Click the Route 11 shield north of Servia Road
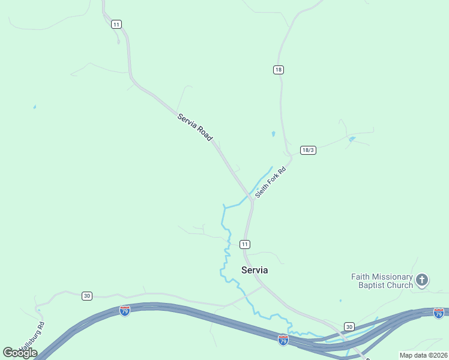(116, 24)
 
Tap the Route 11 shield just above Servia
(244, 244)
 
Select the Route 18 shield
(278, 70)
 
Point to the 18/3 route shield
(308, 150)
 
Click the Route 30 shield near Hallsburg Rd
(87, 296)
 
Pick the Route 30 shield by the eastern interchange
(349, 326)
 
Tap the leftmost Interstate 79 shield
(125, 311)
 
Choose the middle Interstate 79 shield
(283, 340)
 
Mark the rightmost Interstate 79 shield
(439, 313)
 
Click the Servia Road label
(195, 127)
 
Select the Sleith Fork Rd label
(271, 182)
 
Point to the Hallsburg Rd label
(32, 338)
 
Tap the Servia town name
(255, 270)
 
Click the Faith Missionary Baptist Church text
(382, 281)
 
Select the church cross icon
(422, 280)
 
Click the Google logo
(20, 352)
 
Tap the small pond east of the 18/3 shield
(352, 139)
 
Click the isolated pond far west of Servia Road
(35, 107)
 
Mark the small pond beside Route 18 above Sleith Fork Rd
(273, 134)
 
